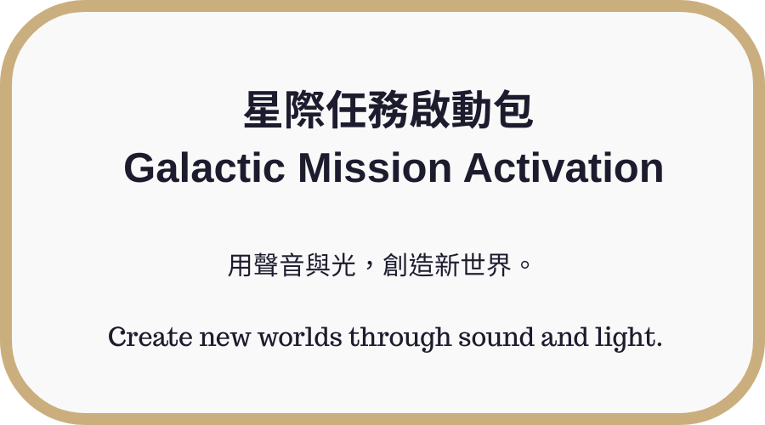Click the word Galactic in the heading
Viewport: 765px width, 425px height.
pos(204,167)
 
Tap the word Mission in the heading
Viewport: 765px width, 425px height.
pos(375,167)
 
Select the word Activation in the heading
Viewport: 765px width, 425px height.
pos(564,167)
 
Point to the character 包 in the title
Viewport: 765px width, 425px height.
pos(513,110)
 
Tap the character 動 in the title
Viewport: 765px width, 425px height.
pos(471,110)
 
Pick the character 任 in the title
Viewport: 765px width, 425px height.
pos(347,110)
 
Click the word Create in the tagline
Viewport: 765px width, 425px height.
pos(150,337)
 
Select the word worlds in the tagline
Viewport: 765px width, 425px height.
pos(300,337)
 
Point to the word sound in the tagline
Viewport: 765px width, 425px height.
pos(496,337)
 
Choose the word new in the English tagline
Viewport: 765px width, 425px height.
pos(225,337)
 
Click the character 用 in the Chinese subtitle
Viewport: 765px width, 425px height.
pos(241,265)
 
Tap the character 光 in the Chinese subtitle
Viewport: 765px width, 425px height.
pos(343,265)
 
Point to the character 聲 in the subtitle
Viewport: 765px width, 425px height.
pos(266,265)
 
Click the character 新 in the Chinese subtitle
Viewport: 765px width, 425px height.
pos(446,265)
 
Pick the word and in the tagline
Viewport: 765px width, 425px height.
pos(564,337)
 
